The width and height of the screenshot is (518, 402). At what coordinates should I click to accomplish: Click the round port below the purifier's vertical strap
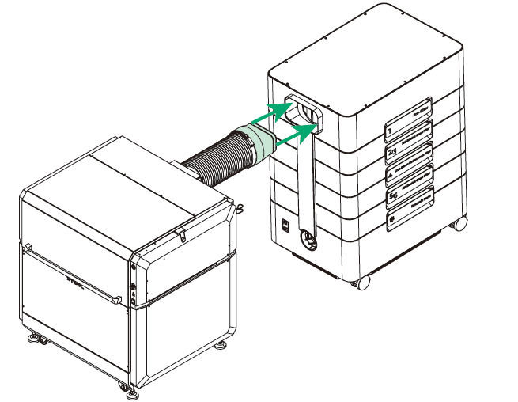click(x=307, y=235)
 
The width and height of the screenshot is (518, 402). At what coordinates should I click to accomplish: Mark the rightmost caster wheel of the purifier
click(x=459, y=225)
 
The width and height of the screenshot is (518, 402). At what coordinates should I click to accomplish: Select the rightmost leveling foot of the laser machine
click(x=221, y=346)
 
